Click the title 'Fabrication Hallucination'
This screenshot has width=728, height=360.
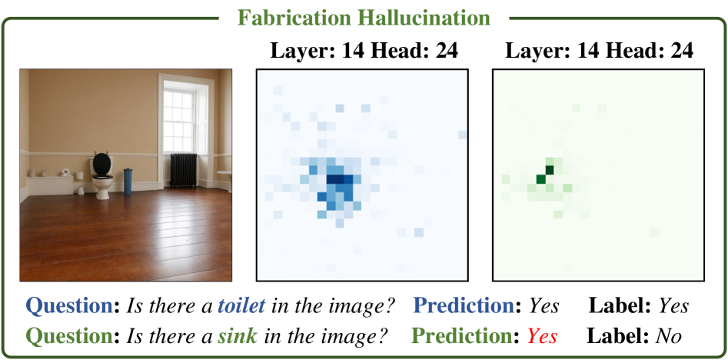364,18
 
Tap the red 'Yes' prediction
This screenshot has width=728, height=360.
544,336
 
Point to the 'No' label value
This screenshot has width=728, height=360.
669,336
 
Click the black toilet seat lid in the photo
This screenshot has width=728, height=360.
102,164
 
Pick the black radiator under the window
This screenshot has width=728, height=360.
184,170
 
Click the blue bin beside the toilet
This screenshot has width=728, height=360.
128,182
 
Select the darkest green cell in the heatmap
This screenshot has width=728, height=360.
550,170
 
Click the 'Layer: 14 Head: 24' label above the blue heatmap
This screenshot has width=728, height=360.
364,51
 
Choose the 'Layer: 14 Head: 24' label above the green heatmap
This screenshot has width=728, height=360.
600,51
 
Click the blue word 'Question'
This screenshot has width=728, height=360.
68,307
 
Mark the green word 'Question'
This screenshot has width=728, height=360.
68,336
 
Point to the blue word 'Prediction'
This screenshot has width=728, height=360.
467,306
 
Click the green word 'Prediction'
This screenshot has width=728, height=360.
467,336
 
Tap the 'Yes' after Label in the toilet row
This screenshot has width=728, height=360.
673,306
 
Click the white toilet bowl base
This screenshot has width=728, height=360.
102,187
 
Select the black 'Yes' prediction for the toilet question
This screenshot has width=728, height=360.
544,306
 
